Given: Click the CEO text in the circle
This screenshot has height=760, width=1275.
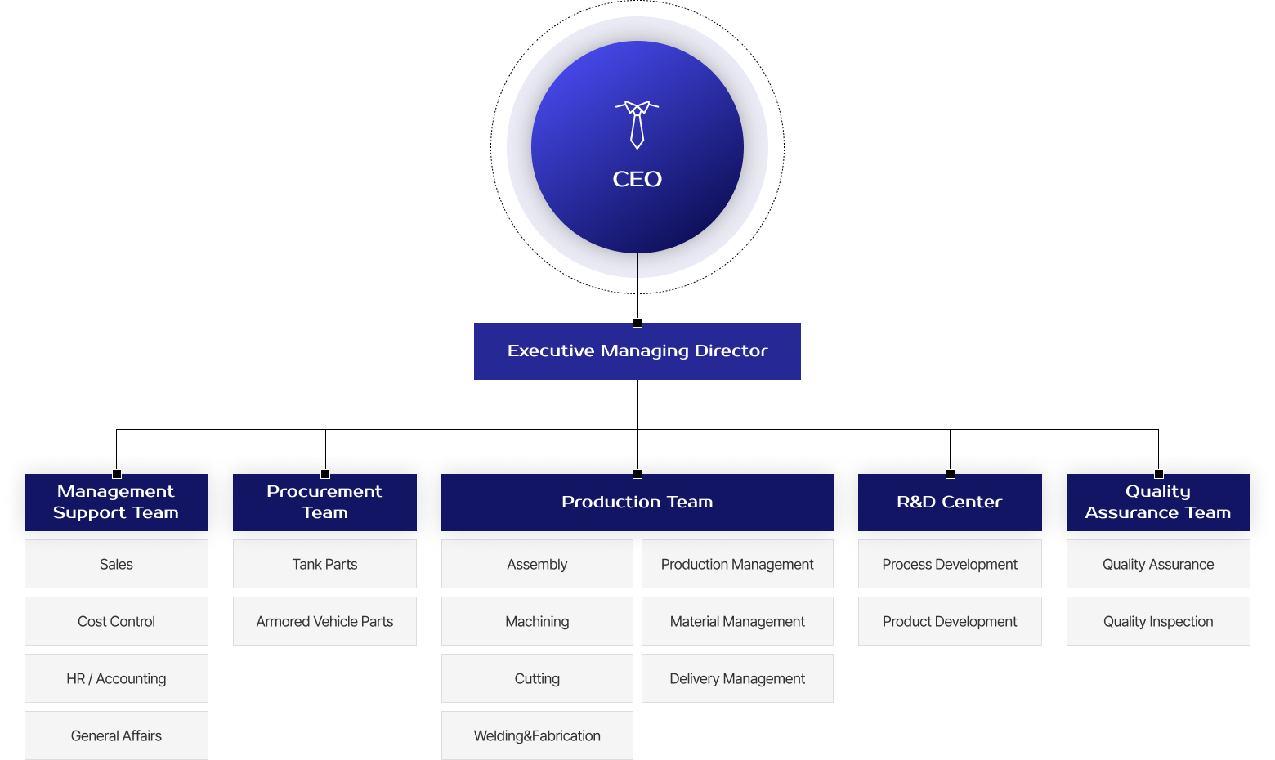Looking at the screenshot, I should tap(637, 179).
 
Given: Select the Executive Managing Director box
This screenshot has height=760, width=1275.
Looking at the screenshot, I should tap(637, 351).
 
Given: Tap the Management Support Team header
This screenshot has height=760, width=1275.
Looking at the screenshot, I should tap(116, 503).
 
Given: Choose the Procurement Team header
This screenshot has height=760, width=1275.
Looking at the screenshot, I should tap(324, 503).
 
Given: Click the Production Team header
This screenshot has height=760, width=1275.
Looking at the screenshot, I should tap(637, 503).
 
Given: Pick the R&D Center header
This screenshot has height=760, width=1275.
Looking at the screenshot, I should tap(950, 503).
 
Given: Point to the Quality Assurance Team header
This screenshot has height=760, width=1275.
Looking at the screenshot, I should tap(1158, 503).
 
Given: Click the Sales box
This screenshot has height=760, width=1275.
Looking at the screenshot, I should tap(116, 564).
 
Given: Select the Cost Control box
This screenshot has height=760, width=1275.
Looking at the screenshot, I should tap(116, 621).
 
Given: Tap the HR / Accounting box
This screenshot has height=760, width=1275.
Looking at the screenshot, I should tap(116, 678).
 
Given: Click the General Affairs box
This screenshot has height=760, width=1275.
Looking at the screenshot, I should tap(116, 735).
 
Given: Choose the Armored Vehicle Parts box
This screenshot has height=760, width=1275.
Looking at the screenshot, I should tap(324, 621).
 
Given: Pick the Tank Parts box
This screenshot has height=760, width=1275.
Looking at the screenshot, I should tap(324, 564).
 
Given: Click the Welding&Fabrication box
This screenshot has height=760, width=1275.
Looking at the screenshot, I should tap(537, 735).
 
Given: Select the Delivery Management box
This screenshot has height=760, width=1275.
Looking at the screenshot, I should tap(737, 678).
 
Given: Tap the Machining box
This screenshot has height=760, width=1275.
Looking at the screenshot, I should tap(537, 621).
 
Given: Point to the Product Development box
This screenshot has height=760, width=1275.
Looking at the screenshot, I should tap(950, 621).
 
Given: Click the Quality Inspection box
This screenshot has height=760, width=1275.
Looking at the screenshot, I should tap(1158, 621).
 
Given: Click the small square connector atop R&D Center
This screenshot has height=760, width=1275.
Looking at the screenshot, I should tap(951, 474).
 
